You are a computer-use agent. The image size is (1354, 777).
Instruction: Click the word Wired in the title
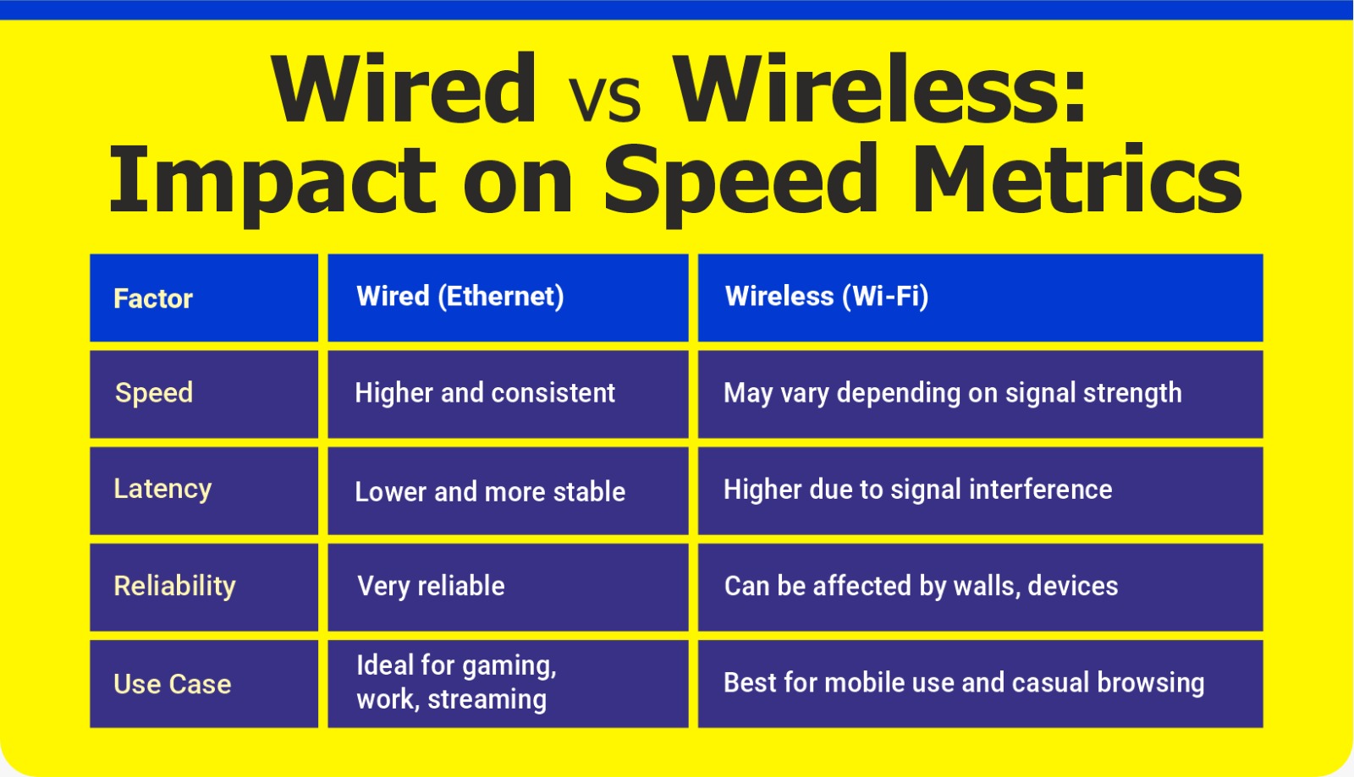pos(404,89)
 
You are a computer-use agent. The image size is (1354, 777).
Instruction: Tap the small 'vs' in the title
pos(603,99)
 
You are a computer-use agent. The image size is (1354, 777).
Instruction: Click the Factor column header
pos(153,298)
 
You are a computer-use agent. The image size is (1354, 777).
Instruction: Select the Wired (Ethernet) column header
pos(460,296)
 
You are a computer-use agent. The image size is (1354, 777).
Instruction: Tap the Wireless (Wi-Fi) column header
pos(826,296)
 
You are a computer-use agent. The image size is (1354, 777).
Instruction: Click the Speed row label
pos(154,393)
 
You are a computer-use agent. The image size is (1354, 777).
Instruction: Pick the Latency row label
pos(162,489)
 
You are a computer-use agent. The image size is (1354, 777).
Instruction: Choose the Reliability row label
pos(174,586)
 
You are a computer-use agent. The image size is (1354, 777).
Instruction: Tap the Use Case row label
pos(172,684)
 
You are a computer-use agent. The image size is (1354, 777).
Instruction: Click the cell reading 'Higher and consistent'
pos(484,393)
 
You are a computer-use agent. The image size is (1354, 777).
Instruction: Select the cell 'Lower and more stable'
pos(489,491)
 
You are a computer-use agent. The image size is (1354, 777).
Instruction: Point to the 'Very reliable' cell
pos(431,586)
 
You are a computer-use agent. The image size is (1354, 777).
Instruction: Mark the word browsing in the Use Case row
pos(1150,683)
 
